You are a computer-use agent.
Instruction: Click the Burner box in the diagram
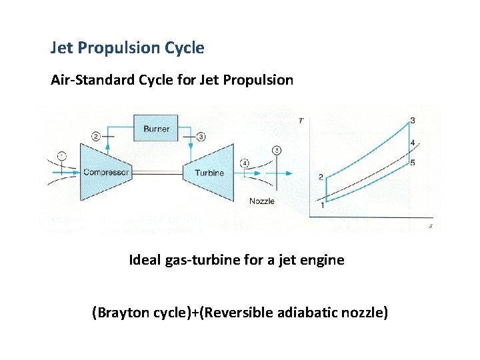(x=156, y=128)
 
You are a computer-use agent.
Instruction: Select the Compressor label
(x=106, y=173)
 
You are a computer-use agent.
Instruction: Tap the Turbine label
(x=209, y=173)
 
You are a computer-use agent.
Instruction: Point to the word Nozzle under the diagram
(x=261, y=201)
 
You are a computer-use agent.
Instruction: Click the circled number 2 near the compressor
(x=97, y=136)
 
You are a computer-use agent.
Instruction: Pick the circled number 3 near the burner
(x=201, y=136)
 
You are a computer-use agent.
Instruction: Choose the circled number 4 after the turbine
(x=245, y=163)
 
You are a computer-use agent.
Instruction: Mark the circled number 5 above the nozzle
(x=277, y=151)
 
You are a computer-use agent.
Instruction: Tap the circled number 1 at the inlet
(x=61, y=156)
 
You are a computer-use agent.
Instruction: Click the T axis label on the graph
(x=301, y=120)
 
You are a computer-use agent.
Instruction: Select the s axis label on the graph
(x=431, y=226)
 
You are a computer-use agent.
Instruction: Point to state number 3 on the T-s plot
(x=413, y=120)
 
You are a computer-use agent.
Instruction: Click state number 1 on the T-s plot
(x=323, y=205)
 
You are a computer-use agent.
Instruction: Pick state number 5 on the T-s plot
(x=413, y=163)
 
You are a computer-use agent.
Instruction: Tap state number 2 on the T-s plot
(x=321, y=177)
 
